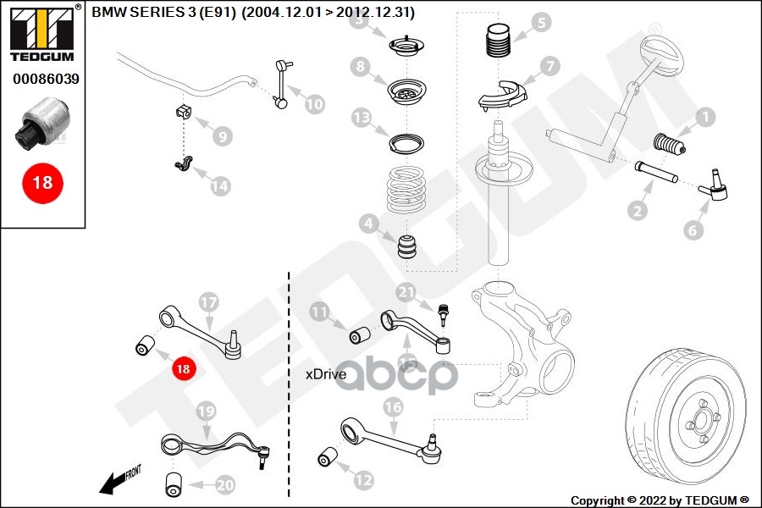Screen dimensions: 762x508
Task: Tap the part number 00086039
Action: click(x=46, y=79)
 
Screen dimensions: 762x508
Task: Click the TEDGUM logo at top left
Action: click(x=41, y=33)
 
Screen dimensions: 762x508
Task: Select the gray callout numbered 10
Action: click(x=314, y=104)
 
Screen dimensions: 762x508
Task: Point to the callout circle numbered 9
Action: click(x=222, y=135)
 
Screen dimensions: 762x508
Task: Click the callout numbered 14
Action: click(x=220, y=185)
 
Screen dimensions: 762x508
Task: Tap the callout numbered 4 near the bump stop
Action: click(x=367, y=224)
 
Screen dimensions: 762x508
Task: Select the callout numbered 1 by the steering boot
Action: click(x=704, y=117)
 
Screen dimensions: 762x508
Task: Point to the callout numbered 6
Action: click(x=693, y=229)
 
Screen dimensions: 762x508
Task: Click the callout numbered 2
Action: click(x=638, y=208)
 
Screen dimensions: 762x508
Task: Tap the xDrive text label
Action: click(x=326, y=373)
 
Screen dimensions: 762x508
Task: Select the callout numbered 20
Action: click(x=224, y=485)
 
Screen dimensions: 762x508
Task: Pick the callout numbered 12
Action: click(x=363, y=480)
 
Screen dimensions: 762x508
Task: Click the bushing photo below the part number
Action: click(x=42, y=124)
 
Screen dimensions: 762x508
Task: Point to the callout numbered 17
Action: click(x=208, y=301)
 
